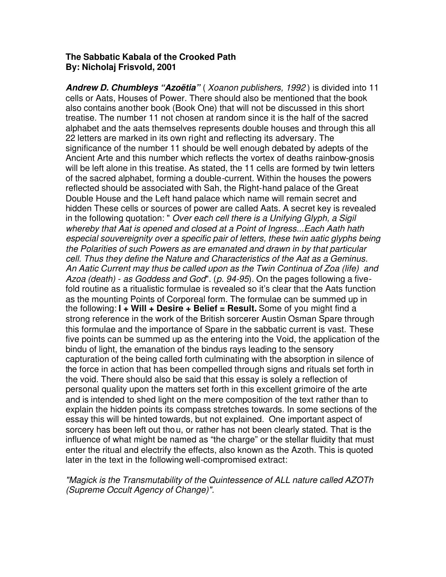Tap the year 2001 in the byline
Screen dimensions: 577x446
166,67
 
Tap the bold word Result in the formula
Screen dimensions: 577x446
242,309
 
